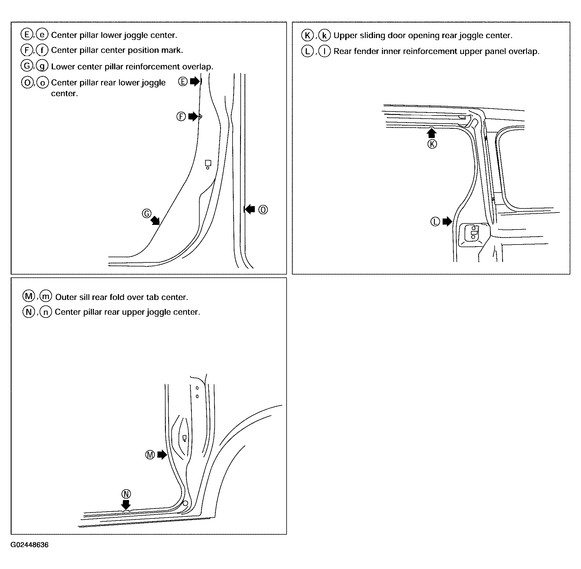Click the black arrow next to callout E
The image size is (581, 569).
click(195, 81)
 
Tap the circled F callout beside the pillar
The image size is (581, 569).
click(181, 117)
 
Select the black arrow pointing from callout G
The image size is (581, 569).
click(155, 221)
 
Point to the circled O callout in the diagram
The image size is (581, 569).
click(263, 210)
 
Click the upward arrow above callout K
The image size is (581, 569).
click(432, 133)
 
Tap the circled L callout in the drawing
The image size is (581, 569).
click(435, 222)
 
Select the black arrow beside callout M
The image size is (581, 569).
click(162, 455)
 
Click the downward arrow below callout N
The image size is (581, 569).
click(126, 505)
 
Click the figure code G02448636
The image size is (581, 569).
click(29, 545)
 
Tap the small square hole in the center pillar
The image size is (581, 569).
click(208, 163)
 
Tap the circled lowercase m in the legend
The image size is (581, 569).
click(46, 296)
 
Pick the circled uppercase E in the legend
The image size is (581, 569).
click(27, 35)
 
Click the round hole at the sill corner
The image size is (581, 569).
click(185, 503)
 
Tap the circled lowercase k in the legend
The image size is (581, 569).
click(324, 36)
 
